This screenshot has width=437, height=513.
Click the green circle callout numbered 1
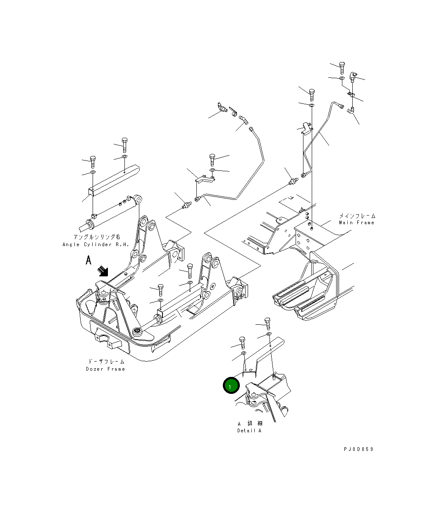[x=231, y=386]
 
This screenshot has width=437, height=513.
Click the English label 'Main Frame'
[x=356, y=223]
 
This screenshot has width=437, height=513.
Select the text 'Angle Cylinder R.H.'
[x=96, y=245]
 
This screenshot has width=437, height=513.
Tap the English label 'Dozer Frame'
[x=105, y=369]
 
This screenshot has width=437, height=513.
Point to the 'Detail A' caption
[x=249, y=431]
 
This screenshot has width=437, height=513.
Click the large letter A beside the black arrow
[x=88, y=260]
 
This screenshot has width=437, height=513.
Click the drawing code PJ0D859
[x=358, y=449]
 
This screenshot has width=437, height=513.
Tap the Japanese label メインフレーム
[x=357, y=216]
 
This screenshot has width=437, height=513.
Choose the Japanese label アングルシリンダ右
[x=97, y=237]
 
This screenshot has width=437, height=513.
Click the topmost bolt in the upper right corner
[x=342, y=67]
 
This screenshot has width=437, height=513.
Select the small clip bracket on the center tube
[x=205, y=178]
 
